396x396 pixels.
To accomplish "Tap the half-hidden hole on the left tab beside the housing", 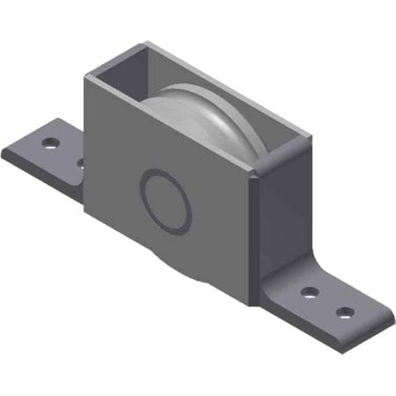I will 80,162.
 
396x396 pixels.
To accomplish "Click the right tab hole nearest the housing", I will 309,292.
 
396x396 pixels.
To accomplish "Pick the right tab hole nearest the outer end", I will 346,312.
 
